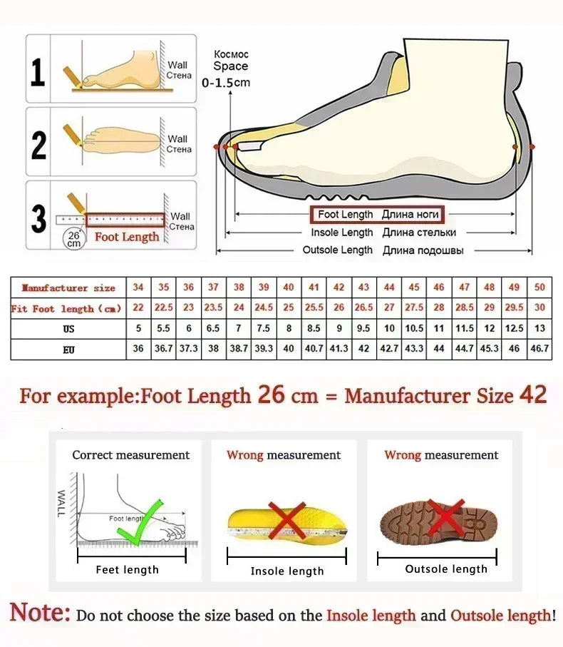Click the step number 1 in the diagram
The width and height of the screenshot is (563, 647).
pyautogui.click(x=38, y=72)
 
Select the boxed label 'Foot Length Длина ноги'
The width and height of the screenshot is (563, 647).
pyautogui.click(x=376, y=215)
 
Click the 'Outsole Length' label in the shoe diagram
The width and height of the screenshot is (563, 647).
pyautogui.click(x=338, y=250)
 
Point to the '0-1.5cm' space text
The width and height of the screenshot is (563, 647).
pyautogui.click(x=226, y=83)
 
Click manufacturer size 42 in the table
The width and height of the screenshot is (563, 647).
pyautogui.click(x=339, y=287)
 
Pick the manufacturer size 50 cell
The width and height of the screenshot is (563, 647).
pyautogui.click(x=539, y=287)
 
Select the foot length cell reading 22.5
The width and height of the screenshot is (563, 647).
pyautogui.click(x=164, y=308)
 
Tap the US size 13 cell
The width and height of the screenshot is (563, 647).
pyautogui.click(x=539, y=329)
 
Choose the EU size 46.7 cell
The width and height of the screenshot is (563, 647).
pyautogui.click(x=539, y=349)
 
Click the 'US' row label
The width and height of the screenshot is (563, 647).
pyautogui.click(x=68, y=329)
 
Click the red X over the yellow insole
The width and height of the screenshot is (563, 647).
pyautogui.click(x=286, y=519)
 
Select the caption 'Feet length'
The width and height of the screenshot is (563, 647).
pyautogui.click(x=128, y=569)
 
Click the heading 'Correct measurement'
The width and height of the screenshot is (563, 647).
pyautogui.click(x=131, y=455)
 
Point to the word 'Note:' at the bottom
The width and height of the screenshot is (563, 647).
pyautogui.click(x=41, y=613)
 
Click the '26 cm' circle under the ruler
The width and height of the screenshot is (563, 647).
pyautogui.click(x=73, y=238)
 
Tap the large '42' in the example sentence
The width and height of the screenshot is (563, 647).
pyautogui.click(x=533, y=394)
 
